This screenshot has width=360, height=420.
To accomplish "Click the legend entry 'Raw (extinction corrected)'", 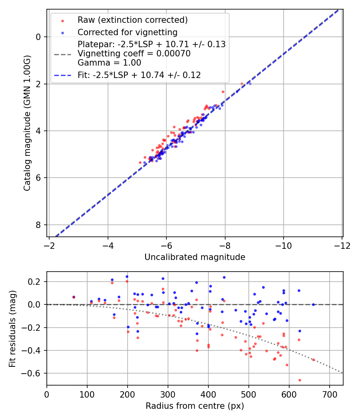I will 132,20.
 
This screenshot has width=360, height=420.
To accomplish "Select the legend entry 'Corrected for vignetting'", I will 127,32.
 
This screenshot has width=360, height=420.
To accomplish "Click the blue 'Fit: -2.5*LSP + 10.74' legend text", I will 139,75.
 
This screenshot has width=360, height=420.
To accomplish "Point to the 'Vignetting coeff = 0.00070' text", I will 134,54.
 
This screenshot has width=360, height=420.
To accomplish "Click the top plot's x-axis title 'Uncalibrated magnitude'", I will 195,257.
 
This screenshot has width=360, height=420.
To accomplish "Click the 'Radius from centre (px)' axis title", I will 195,406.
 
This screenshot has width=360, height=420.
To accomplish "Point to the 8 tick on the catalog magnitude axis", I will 39,225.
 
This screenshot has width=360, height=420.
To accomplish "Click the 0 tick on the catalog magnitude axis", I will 39,37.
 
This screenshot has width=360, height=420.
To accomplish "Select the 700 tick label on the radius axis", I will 329,394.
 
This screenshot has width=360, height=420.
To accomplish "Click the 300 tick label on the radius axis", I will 168,394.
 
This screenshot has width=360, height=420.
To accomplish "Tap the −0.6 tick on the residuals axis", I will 34,373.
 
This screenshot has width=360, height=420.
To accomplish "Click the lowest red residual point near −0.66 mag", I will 300,380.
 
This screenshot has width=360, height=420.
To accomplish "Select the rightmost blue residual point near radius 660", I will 313,304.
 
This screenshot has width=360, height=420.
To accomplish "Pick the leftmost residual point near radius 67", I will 74,297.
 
